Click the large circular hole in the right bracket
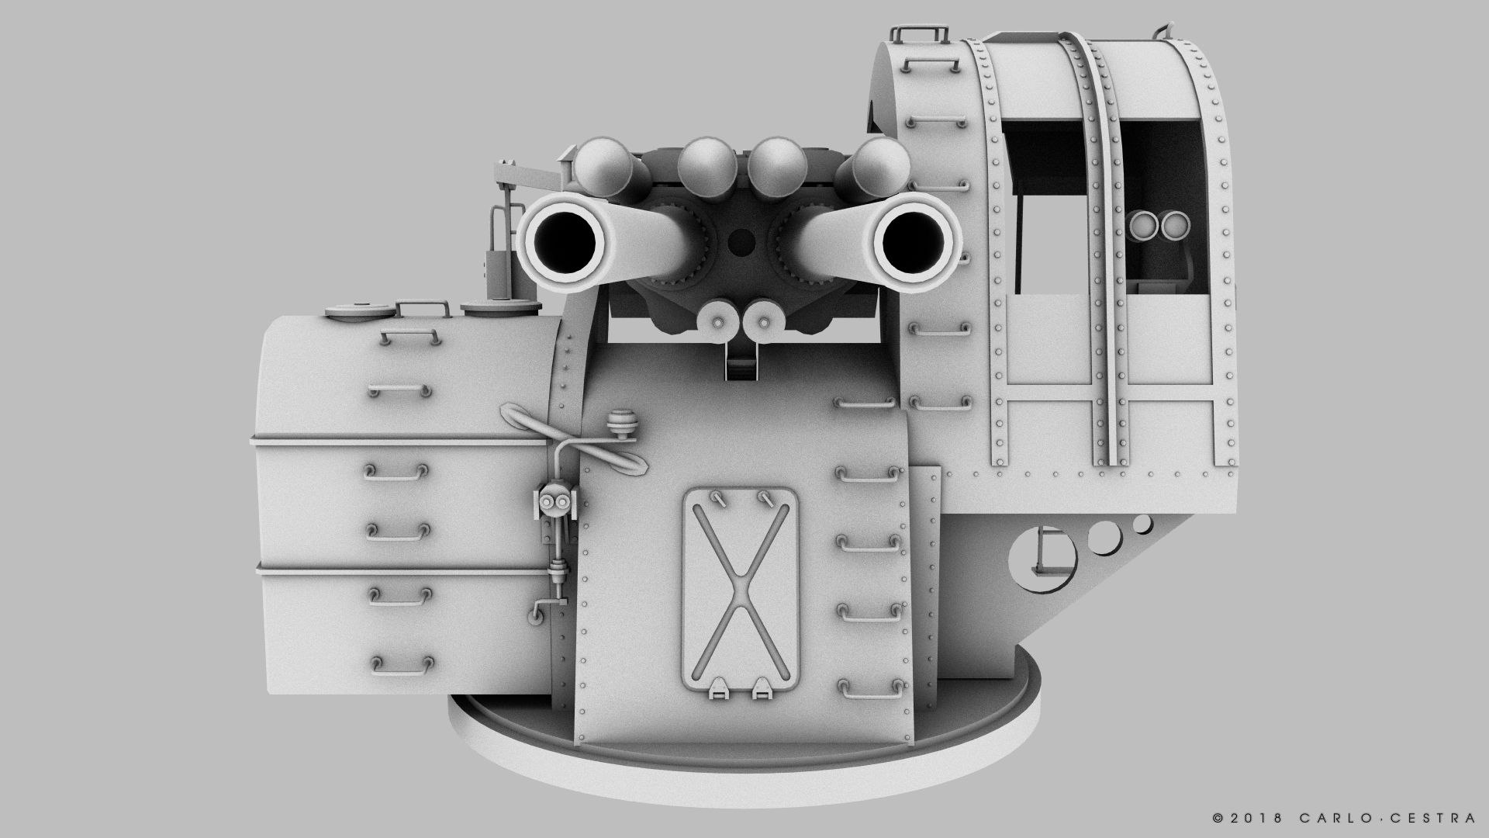click(1043, 556)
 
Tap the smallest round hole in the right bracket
click(1142, 524)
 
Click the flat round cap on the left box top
click(361, 310)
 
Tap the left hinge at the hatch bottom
click(720, 687)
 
